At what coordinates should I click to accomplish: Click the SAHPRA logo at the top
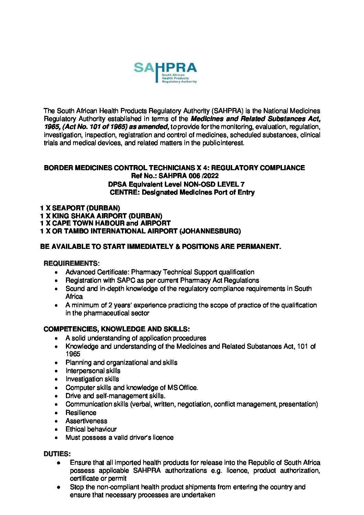165,72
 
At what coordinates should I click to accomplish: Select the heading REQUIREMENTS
70,263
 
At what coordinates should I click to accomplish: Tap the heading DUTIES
57,454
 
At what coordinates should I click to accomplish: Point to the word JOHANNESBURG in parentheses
210,231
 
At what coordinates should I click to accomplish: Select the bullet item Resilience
81,413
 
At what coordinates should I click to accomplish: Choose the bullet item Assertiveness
86,421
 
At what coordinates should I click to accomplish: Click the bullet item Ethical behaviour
91,429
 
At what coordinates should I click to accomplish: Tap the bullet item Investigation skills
92,379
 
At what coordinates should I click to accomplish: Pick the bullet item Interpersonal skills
93,371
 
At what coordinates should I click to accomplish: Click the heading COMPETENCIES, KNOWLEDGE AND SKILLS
116,329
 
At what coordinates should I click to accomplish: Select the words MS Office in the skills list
182,387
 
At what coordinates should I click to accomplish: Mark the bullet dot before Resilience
56,413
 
